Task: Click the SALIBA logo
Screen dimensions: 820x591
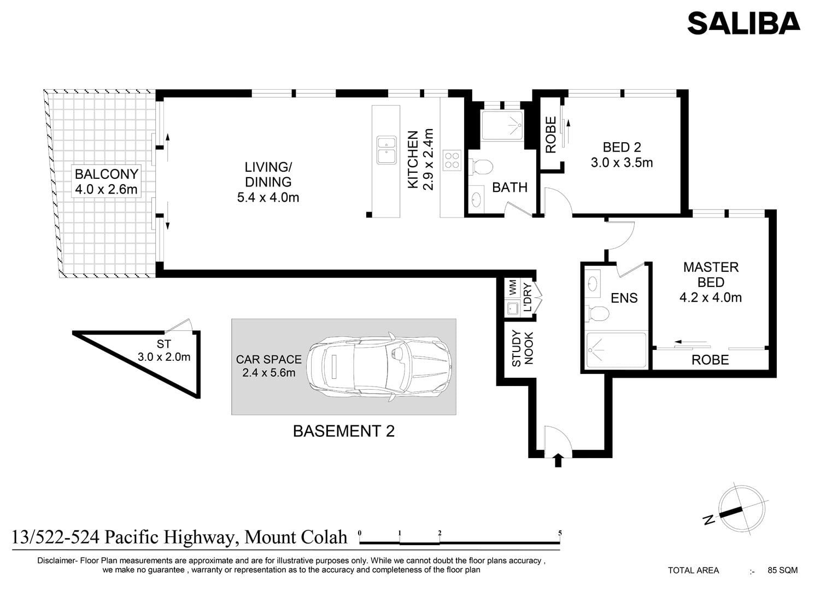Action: (x=743, y=23)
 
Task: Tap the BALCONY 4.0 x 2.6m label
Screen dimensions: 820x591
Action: (x=106, y=182)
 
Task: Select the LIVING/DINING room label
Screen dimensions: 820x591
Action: (x=268, y=182)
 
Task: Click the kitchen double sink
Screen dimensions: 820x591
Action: (x=386, y=150)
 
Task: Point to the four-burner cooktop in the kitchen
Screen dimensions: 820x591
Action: (x=452, y=160)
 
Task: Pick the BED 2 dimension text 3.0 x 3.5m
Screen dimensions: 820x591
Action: (x=622, y=162)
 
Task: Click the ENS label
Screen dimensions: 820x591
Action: (x=624, y=298)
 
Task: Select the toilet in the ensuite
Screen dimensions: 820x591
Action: (x=597, y=313)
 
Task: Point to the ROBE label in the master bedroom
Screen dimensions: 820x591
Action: (x=710, y=360)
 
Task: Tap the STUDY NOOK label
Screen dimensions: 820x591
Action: (x=523, y=348)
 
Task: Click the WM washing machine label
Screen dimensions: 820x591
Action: (x=513, y=288)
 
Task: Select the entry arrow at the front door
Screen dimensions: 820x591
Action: (x=558, y=460)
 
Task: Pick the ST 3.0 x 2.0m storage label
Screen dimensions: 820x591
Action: (x=163, y=350)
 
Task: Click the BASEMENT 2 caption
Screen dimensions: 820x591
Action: (x=344, y=431)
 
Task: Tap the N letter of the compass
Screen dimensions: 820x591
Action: (x=709, y=519)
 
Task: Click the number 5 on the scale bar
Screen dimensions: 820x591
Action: (x=560, y=533)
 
